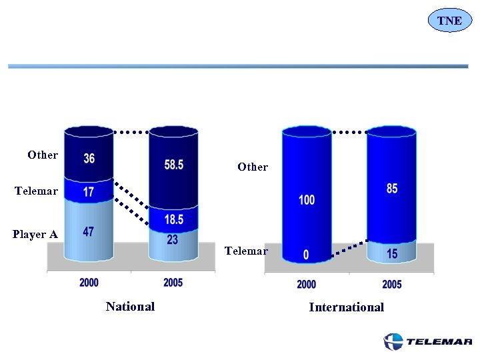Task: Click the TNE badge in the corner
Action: (449, 21)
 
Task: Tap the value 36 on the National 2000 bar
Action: (89, 159)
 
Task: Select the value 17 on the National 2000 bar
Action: (89, 192)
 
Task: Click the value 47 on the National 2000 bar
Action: (89, 232)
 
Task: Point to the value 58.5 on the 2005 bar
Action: (173, 164)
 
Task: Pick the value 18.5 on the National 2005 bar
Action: (173, 219)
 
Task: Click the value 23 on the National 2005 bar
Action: (173, 239)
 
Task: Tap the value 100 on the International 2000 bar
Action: (307, 200)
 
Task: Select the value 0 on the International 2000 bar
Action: (306, 255)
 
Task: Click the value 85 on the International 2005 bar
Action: (392, 189)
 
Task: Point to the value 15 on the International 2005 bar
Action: (392, 255)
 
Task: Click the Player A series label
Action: (35, 235)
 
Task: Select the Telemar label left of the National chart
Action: (36, 191)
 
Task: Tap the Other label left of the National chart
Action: (43, 155)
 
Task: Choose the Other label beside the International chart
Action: (253, 167)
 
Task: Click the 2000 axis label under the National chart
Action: (89, 283)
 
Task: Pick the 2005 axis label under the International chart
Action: (392, 285)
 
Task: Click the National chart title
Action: (130, 307)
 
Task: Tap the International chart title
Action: (346, 307)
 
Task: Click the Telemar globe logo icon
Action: (393, 341)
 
